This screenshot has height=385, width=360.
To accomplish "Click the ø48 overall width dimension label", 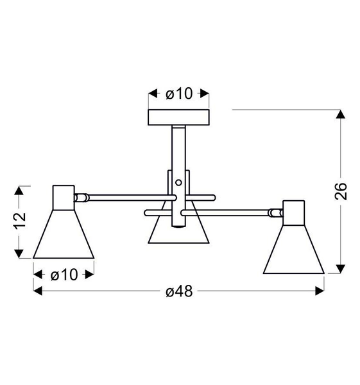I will (179, 291).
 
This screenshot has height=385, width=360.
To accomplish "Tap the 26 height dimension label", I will (340, 191).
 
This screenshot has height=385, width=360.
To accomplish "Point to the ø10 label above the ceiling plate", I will (178, 94).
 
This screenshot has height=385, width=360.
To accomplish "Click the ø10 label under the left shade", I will (64, 275).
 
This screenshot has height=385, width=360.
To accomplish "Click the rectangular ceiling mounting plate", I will (179, 117).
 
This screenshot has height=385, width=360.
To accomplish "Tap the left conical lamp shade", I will (64, 234).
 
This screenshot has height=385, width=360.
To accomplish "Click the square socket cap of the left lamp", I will (64, 197).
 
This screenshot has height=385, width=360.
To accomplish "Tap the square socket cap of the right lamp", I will (294, 212).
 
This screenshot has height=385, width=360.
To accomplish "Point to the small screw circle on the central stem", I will (178, 182).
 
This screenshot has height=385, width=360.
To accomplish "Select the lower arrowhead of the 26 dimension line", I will (340, 268).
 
